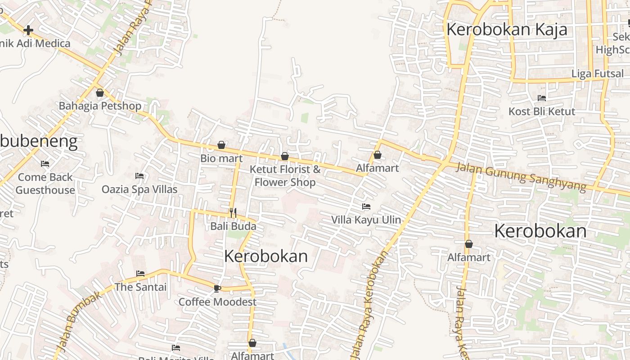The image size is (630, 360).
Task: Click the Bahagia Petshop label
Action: point(100,106)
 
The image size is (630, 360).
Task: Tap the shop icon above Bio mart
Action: point(221,145)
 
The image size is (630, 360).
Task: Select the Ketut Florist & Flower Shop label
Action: point(285,176)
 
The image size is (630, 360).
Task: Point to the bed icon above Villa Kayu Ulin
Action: point(366,207)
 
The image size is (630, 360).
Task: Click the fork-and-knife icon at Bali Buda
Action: point(233,213)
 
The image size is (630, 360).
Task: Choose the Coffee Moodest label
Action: point(217,302)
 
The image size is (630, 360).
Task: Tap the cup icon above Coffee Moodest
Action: point(217,288)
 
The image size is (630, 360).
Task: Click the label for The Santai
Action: point(140,287)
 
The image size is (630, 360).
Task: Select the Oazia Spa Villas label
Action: point(139,189)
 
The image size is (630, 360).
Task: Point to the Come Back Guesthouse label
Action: point(45,184)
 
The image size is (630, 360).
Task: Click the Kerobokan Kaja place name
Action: point(506,30)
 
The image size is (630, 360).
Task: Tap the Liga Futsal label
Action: point(598,74)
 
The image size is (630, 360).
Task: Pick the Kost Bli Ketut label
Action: point(542,112)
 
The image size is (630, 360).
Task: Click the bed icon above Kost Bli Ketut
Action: point(542,98)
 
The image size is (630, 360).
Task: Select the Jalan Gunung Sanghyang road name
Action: point(521,176)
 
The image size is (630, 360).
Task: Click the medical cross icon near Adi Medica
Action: point(28,30)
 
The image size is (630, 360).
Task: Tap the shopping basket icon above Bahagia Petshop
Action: point(100,93)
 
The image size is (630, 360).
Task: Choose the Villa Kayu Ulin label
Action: point(366,220)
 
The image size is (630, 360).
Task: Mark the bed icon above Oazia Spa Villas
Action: point(139,175)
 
